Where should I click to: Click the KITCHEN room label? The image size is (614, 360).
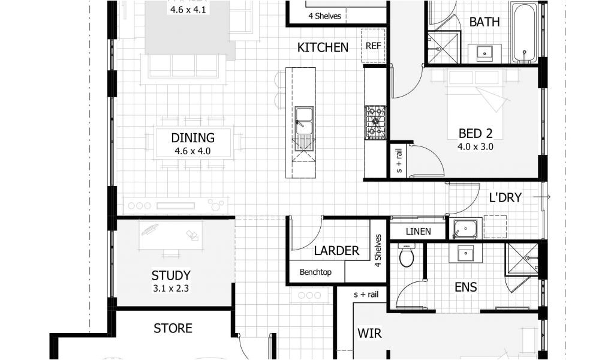click(x=323, y=47)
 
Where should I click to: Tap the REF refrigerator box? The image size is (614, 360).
click(x=373, y=44)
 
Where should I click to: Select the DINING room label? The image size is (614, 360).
click(x=192, y=137)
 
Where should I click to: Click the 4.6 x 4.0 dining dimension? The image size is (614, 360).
click(x=192, y=151)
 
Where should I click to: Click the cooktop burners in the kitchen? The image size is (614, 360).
click(x=375, y=122)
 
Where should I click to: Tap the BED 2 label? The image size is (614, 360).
click(x=475, y=133)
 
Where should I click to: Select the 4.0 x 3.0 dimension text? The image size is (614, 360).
click(x=475, y=146)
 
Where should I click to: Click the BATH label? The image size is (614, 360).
click(x=484, y=22)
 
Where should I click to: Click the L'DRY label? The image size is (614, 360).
click(x=505, y=197)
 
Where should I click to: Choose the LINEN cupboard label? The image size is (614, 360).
click(x=418, y=231)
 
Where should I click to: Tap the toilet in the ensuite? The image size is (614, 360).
click(x=407, y=256)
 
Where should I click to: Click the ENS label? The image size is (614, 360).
click(x=465, y=287)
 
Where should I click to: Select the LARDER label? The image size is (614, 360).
click(x=336, y=251)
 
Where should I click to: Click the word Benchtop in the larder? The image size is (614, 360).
click(x=316, y=272)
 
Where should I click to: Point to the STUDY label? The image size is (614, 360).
click(x=171, y=275)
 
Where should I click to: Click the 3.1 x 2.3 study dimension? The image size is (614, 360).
click(x=171, y=289)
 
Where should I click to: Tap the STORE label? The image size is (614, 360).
click(x=173, y=328)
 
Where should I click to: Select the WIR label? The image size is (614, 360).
click(x=369, y=333)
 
